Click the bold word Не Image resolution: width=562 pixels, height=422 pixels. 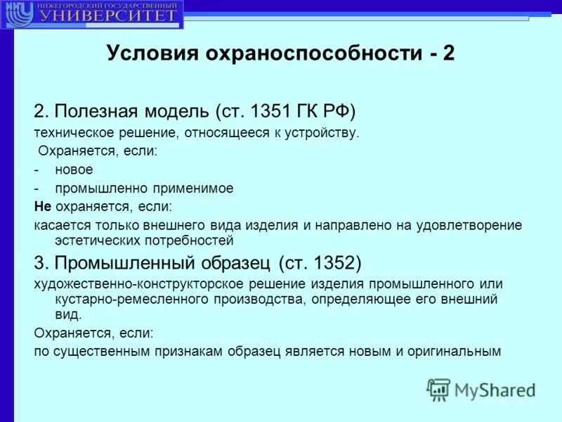point(41,207)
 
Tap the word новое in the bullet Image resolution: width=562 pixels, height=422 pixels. point(75,170)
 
